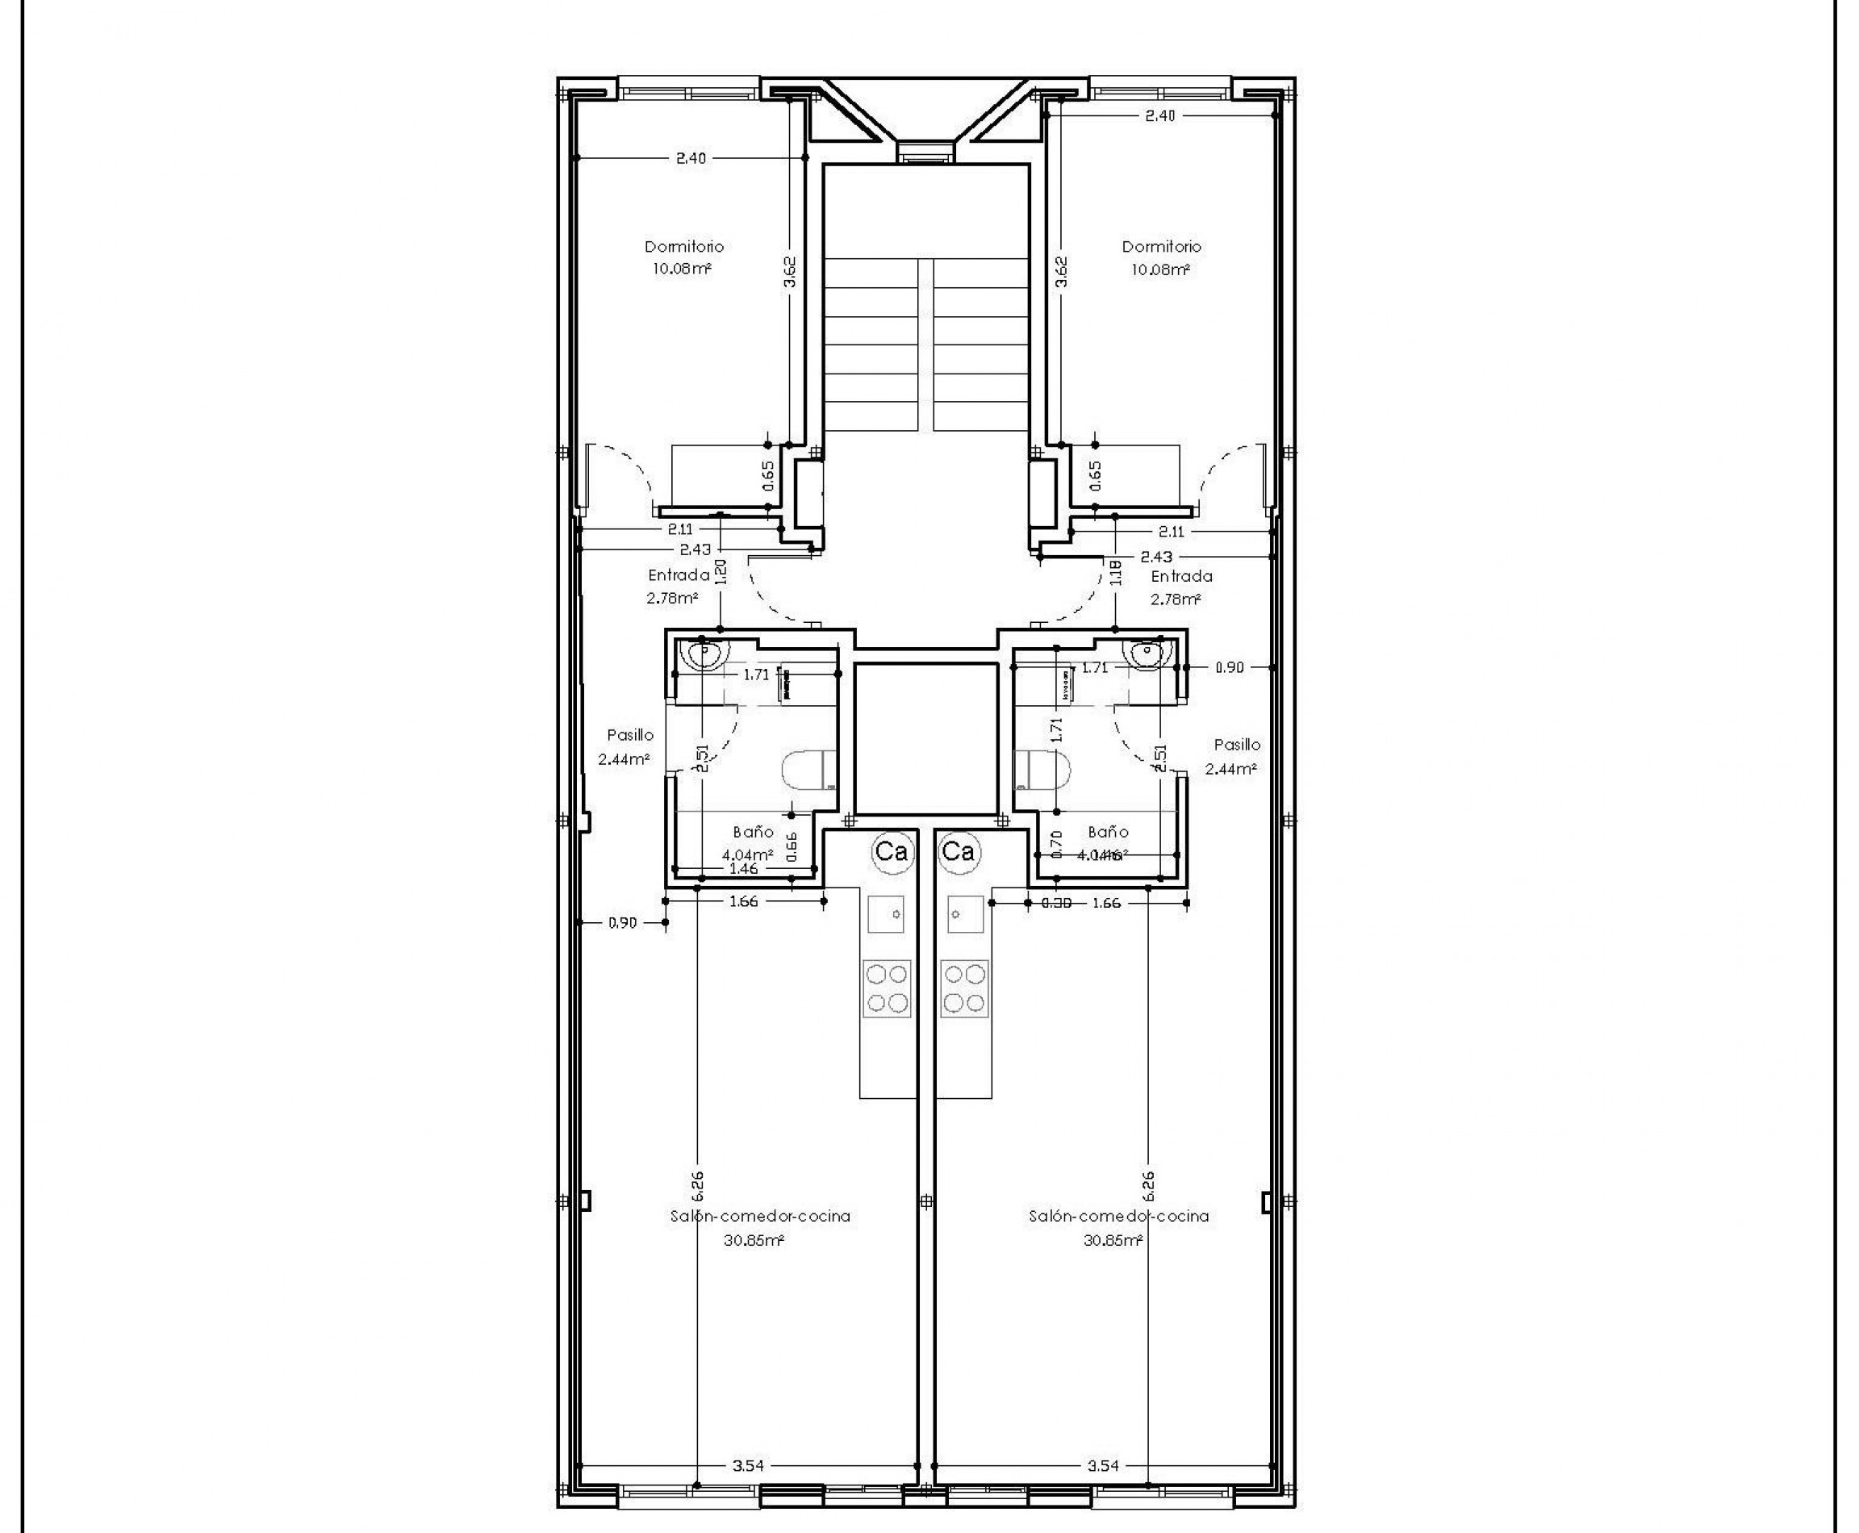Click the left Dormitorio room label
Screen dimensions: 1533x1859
683,247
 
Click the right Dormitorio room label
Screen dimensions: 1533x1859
1160,247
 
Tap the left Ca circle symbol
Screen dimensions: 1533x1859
890,852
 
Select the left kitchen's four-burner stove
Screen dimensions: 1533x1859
887,988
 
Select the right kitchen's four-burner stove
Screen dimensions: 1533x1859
964,988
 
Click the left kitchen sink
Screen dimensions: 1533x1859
886,913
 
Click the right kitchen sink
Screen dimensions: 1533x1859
965,913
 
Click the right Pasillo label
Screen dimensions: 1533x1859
1236,746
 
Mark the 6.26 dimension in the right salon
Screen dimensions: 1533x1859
1148,1186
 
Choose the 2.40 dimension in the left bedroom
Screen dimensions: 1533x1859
691,159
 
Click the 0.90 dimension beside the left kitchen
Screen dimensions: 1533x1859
622,924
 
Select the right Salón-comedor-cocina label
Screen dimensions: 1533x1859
1118,1217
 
